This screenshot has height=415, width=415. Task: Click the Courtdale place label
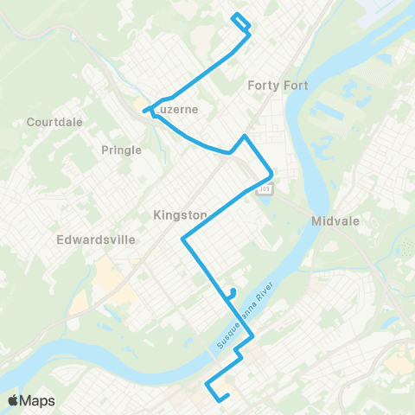pos(54,122)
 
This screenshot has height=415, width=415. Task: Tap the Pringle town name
pos(121,150)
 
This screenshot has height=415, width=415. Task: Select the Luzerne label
pos(177,110)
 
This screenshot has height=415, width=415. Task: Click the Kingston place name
pos(180,214)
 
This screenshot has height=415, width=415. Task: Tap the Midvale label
pos(335,221)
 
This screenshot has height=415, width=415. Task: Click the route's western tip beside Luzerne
pos(144,110)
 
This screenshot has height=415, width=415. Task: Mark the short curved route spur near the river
pos(231,292)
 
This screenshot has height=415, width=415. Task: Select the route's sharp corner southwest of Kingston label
pos(182,239)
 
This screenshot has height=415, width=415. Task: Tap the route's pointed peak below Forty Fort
pos(246,137)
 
